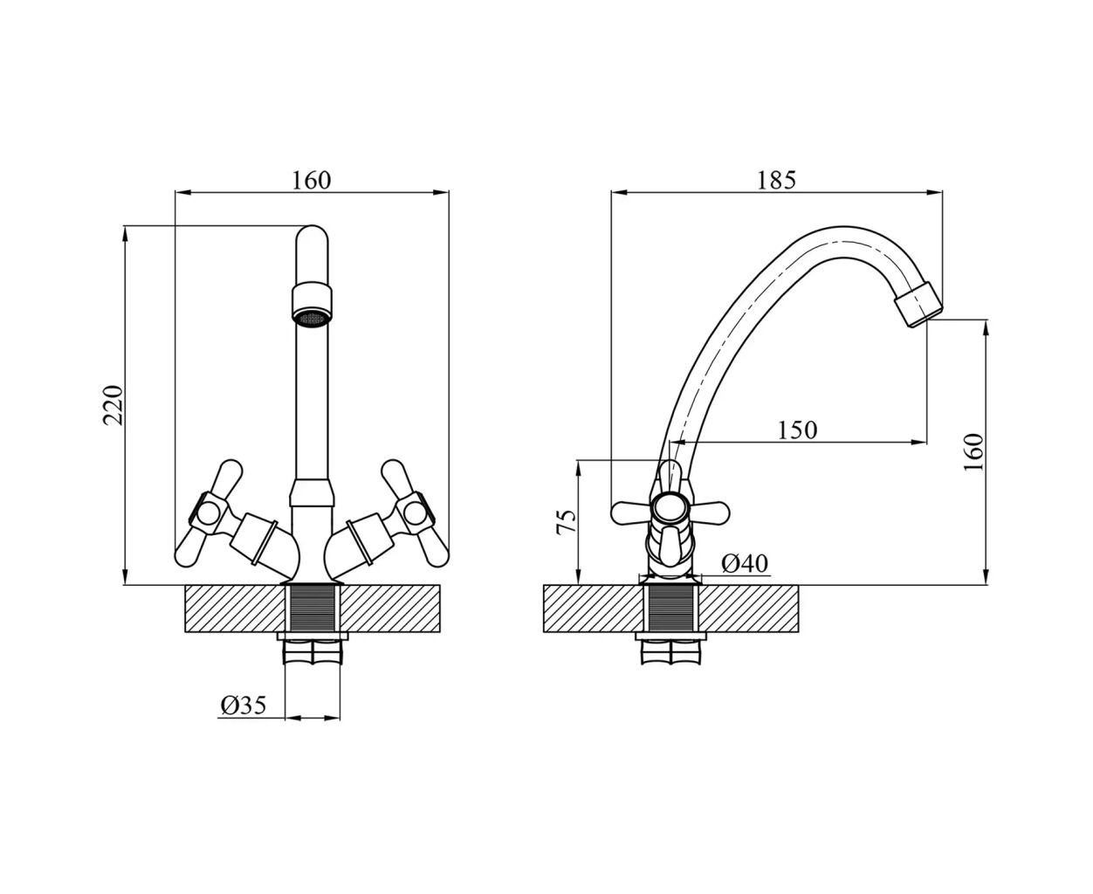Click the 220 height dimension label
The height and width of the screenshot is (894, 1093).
coord(113,405)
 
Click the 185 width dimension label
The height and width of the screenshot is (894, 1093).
coord(776,181)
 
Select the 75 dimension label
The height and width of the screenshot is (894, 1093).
coord(566,522)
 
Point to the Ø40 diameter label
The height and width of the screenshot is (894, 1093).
coord(745,563)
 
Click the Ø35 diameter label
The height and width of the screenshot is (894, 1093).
coord(243,705)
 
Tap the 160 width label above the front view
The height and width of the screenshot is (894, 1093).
coord(311,181)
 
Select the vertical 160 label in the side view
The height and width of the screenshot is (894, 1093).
coord(973,452)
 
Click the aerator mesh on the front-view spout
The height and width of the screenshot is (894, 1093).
coord(311,318)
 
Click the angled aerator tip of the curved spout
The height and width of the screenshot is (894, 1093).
coord(918,304)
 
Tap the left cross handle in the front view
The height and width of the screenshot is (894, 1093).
coord(210,512)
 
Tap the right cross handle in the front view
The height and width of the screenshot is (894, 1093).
coord(414,512)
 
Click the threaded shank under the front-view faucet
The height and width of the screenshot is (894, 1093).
coord(313,609)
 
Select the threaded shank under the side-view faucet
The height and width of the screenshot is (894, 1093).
coord(671,609)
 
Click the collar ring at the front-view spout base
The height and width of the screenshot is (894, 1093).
coord(311,492)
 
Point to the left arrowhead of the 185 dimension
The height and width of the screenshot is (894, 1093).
coord(619,193)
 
